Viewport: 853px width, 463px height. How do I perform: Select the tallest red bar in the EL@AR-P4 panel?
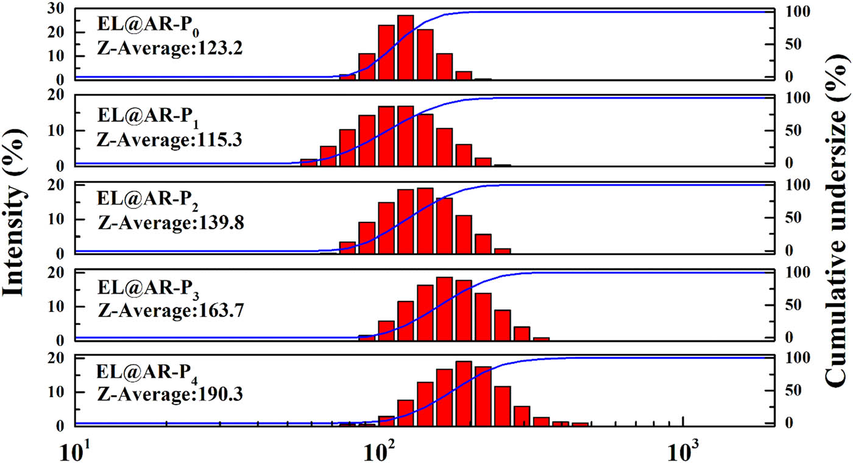pyautogui.click(x=464, y=392)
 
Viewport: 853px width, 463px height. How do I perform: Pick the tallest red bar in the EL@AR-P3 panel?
pyautogui.click(x=445, y=308)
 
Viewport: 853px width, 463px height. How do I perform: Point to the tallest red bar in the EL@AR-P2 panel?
pyautogui.click(x=425, y=220)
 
